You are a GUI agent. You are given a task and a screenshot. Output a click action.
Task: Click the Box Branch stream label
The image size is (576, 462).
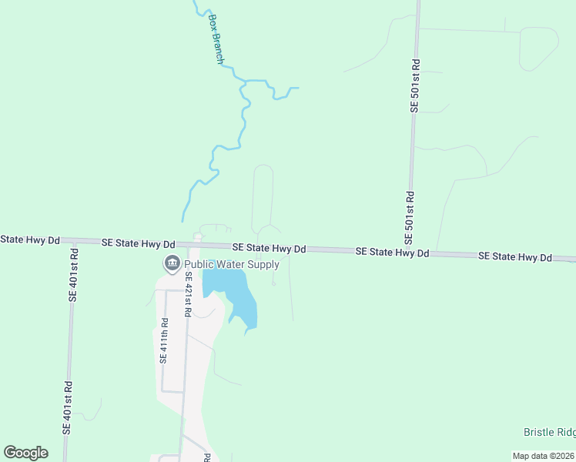[x=215, y=38]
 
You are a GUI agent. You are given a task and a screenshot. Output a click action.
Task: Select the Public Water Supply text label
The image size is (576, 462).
[x=231, y=265]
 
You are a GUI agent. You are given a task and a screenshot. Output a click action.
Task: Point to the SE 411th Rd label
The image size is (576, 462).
[x=163, y=340]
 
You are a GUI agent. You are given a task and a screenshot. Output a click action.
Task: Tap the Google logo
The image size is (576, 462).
[x=25, y=453]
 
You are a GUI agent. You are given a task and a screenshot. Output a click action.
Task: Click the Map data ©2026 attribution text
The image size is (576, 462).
[x=543, y=456]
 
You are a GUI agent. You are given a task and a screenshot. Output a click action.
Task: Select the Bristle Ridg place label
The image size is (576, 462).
[x=549, y=433]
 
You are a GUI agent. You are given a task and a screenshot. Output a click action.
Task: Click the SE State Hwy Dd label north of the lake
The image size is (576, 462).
[x=270, y=249]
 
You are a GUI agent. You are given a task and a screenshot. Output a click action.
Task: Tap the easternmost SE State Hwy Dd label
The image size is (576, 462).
[x=515, y=257]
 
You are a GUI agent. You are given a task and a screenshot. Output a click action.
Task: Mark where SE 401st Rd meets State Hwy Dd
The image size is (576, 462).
[x=75, y=241]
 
